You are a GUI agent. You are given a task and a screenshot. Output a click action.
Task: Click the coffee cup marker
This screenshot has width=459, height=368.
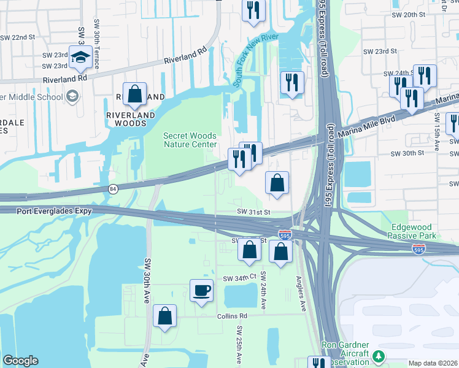coord(201,290)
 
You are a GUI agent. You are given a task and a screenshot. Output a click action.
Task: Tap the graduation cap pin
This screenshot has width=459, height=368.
coord(80,57)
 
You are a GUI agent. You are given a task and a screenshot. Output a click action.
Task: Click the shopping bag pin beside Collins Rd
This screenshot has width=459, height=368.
coord(164,316)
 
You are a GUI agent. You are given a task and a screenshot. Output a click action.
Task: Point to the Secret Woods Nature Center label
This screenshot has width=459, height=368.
coord(190,140)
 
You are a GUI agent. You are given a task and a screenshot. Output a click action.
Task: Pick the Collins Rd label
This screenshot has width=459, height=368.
coord(231,316)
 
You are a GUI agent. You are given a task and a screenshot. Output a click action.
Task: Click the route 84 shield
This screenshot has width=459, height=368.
coord(113,188)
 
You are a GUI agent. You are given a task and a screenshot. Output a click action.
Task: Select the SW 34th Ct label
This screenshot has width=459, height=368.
coord(239,278)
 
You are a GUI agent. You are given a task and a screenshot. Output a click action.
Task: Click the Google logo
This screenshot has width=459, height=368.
coord(20,361)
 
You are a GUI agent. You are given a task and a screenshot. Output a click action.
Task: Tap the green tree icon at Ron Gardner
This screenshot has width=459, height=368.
coord(379,356)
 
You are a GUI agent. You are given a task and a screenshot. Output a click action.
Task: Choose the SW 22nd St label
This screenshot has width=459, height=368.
coord(18,37)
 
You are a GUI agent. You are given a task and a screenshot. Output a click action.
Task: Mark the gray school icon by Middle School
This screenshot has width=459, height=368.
coord(72,96)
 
